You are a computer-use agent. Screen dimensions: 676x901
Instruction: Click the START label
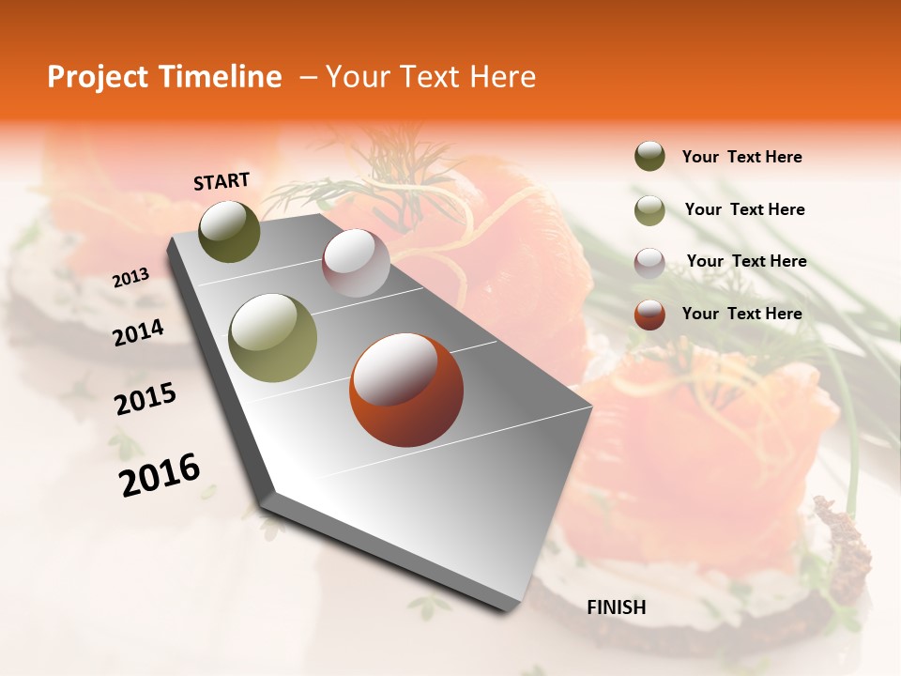click(221, 181)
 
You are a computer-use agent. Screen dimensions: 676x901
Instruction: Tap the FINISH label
click(617, 607)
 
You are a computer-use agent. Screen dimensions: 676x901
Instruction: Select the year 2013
click(130, 278)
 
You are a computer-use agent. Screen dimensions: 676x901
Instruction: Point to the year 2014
click(138, 332)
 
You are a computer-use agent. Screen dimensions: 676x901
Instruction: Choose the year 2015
click(145, 398)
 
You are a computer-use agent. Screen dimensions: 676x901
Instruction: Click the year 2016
click(160, 474)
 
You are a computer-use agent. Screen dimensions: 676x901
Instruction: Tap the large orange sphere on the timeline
click(406, 390)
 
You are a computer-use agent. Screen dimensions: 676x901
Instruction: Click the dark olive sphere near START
click(229, 231)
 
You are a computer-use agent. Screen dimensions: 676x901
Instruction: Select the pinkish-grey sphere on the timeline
click(356, 263)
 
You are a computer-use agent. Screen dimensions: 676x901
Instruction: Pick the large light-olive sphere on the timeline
click(272, 337)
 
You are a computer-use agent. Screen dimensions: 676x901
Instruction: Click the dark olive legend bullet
click(649, 157)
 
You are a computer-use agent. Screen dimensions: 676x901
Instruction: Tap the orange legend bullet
click(649, 314)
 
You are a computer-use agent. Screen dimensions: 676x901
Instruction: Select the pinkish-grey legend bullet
click(649, 262)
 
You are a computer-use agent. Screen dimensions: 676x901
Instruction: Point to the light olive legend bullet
click(649, 210)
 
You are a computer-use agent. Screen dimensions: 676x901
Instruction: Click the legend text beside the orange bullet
click(741, 314)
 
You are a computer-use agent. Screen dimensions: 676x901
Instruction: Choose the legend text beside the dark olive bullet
click(741, 157)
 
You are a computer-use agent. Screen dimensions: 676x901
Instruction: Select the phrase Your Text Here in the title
click(431, 77)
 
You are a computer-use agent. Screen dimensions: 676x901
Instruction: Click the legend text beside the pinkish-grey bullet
click(746, 261)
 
